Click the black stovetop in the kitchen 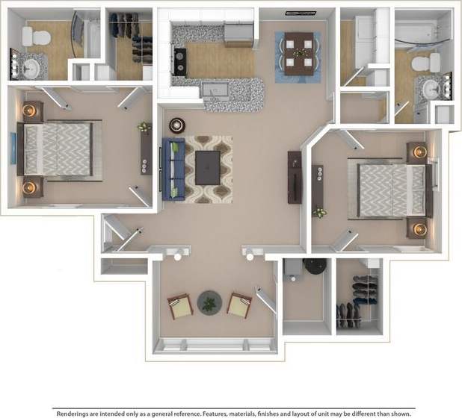[x=180, y=60]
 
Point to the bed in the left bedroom [x=58, y=149]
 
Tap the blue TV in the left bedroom [x=13, y=153]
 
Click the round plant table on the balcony [x=209, y=303]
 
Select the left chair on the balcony [x=179, y=305]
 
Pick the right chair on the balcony [x=239, y=305]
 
